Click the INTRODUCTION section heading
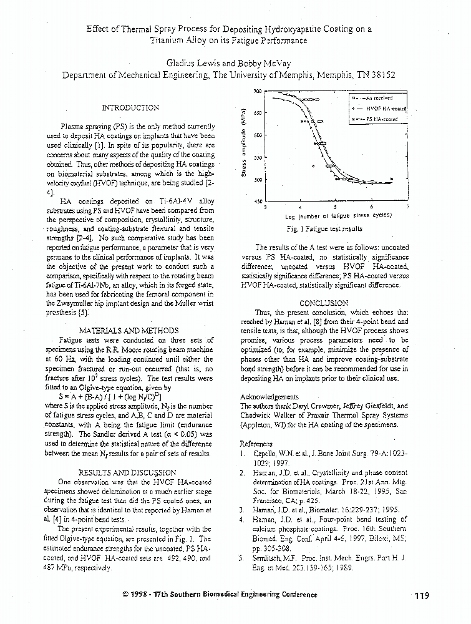pos(130,108)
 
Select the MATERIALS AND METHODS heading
pos(129,330)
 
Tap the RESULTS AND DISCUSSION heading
pos(127,472)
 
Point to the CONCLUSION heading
pos(323,303)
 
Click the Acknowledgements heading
pos(269,396)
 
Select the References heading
pos(256,444)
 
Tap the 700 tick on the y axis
pos(257,92)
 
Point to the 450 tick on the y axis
pos(257,202)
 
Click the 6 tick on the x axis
pos(371,207)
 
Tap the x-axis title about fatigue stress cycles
pos(335,216)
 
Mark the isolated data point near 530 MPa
pos(313,166)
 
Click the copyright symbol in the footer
pos(125,595)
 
